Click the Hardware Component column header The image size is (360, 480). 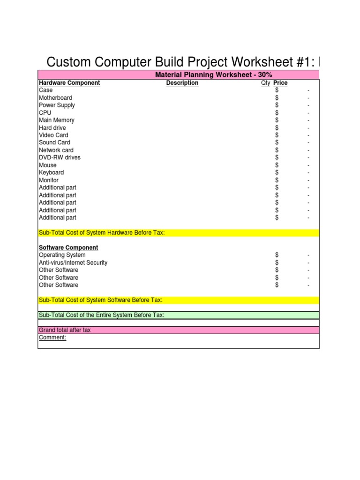(69, 83)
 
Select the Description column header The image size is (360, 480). (182, 83)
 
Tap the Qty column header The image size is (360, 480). (265, 83)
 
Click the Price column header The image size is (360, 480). (280, 83)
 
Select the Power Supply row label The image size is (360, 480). (57, 105)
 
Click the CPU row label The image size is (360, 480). (45, 112)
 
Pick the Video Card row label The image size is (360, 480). (53, 135)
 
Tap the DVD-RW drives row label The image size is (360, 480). (60, 157)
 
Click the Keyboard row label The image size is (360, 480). (52, 172)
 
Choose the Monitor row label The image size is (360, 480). (49, 180)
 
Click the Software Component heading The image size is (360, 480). (68, 247)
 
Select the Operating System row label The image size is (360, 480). (62, 255)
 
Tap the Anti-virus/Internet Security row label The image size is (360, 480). (73, 262)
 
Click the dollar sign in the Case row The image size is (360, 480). (277, 90)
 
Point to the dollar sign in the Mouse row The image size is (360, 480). (277, 165)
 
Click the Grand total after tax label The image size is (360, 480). (65, 330)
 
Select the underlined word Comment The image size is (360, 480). (52, 337)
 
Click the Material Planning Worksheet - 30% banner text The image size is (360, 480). (214, 75)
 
